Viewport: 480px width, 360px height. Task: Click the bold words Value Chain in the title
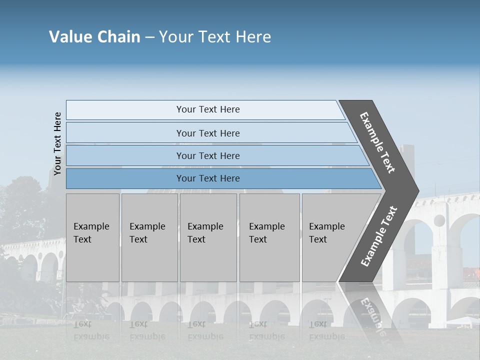pos(94,37)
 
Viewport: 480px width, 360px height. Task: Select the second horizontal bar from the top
pos(208,133)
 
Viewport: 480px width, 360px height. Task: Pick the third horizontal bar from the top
pos(208,155)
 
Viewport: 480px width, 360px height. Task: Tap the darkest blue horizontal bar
pos(208,178)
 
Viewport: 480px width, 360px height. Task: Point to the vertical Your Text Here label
pos(58,143)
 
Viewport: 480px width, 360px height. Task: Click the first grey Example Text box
pos(92,237)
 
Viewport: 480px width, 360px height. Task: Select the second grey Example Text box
pos(149,237)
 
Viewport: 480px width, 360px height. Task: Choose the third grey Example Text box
pos(208,237)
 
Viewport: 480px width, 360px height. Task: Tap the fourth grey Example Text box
pos(269,237)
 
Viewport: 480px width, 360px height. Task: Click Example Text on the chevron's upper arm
pos(378,142)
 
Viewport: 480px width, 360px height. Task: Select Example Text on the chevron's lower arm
pos(379,236)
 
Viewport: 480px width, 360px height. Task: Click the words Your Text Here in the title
pos(215,37)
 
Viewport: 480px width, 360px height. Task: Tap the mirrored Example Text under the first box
pos(91,330)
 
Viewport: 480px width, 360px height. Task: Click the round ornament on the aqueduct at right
pos(439,220)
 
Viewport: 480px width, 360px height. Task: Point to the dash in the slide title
pos(149,37)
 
